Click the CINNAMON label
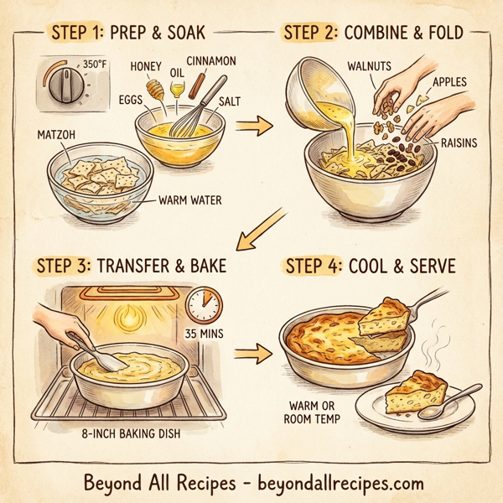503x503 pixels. (211, 60)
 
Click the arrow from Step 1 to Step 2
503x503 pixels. (256, 127)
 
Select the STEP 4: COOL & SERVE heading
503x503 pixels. (370, 267)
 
